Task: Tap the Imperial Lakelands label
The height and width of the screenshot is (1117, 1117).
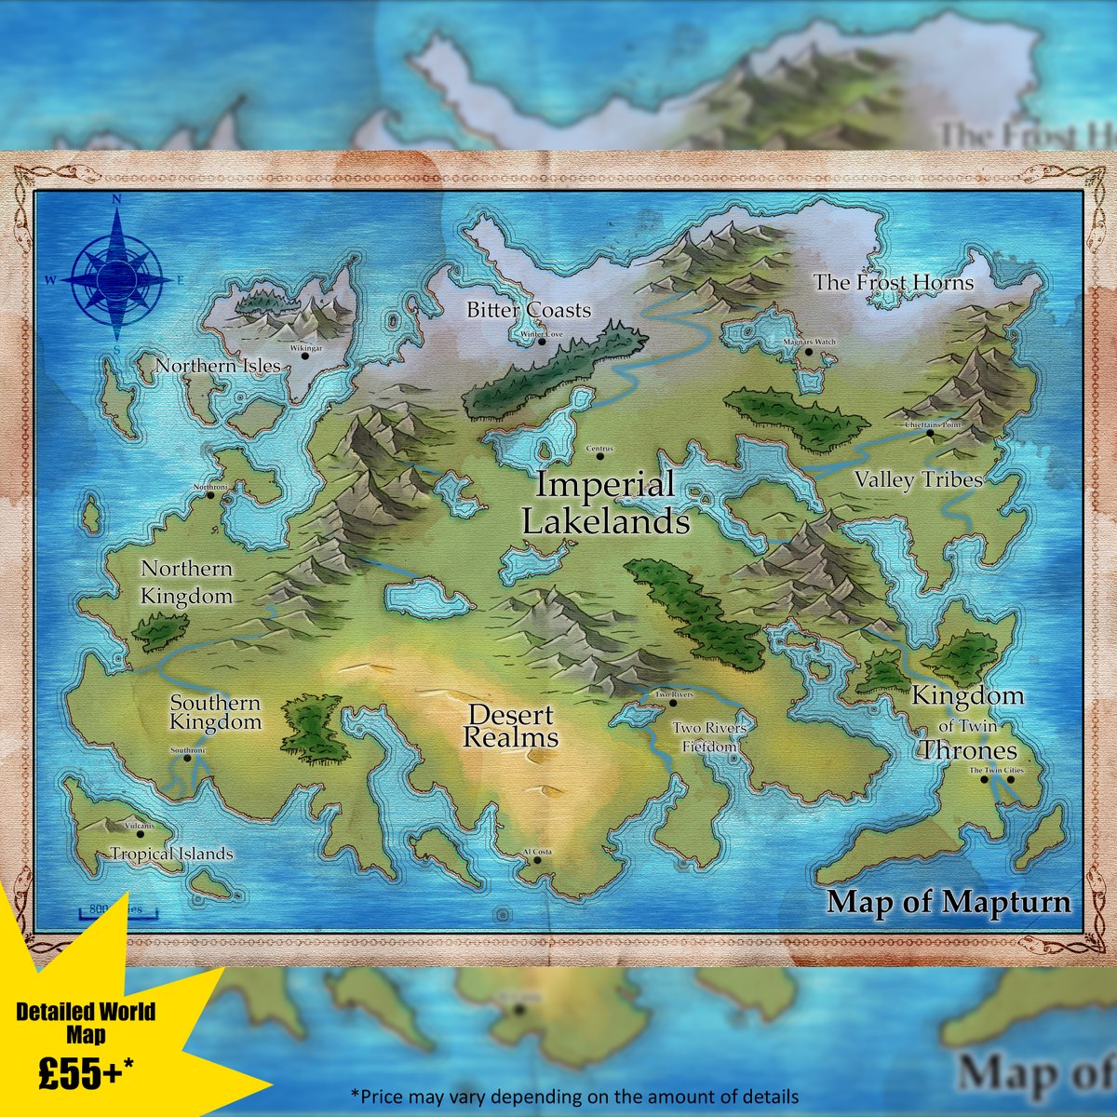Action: point(605,504)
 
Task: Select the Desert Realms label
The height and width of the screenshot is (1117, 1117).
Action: point(510,727)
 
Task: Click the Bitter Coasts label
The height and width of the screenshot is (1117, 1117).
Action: point(529,310)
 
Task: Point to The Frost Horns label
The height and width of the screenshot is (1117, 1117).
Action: point(894,282)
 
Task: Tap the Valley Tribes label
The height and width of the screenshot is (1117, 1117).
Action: point(919,480)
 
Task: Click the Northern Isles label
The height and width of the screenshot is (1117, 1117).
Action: point(218,366)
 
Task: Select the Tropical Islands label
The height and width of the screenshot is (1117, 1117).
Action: point(172,854)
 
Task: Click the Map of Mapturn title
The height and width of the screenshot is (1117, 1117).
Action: point(949,902)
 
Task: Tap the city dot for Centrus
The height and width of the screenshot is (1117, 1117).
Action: point(599,457)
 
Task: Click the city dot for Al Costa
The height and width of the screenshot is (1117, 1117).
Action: point(537,860)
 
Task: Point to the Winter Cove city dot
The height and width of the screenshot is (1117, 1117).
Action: point(542,342)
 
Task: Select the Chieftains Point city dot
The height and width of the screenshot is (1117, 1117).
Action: point(930,433)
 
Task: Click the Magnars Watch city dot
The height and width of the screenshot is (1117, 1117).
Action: point(808,351)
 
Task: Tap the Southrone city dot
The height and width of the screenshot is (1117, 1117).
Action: point(188,759)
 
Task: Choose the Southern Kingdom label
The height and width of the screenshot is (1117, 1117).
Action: point(215,713)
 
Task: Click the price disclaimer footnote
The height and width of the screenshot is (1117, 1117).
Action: point(574,1096)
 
